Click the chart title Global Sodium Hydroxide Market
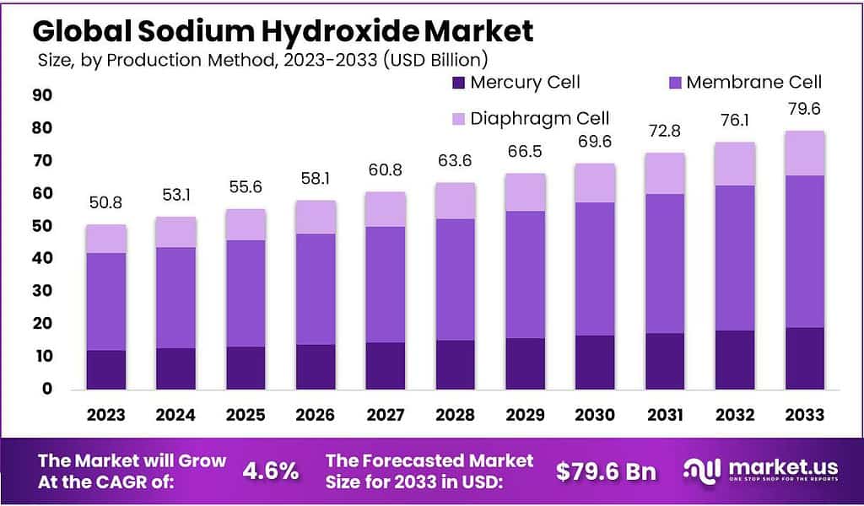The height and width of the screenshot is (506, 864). [x=283, y=30]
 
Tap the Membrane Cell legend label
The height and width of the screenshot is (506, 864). [x=753, y=83]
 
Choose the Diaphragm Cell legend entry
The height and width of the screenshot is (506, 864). [x=539, y=118]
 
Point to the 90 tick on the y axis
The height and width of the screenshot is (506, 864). [x=42, y=95]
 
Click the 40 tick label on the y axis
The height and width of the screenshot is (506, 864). [x=42, y=259]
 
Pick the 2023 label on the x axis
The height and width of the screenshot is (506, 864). [x=106, y=415]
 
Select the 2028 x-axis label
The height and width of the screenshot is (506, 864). [x=455, y=415]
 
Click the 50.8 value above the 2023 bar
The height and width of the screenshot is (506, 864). [x=106, y=203]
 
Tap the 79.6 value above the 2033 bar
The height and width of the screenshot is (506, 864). [x=803, y=110]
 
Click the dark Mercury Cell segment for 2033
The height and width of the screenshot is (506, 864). [x=803, y=358]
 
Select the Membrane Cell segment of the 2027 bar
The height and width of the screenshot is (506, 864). [x=385, y=284]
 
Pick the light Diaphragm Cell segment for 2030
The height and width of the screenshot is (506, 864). [x=594, y=183]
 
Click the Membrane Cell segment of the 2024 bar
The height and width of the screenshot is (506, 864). [x=175, y=298]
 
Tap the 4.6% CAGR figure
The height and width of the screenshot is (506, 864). [x=270, y=471]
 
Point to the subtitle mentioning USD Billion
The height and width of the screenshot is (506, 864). [x=262, y=60]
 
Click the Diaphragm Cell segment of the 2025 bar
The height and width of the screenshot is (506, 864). [x=246, y=224]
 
